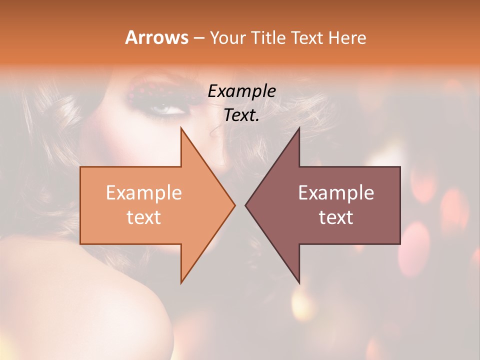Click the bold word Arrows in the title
(x=156, y=37)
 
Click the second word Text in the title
(x=307, y=37)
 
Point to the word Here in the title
(x=347, y=37)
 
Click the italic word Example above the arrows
(x=241, y=91)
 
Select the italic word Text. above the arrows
(x=241, y=115)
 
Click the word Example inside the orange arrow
(x=144, y=193)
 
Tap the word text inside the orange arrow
(x=144, y=217)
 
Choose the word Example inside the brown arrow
(x=336, y=193)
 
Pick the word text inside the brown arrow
(x=336, y=217)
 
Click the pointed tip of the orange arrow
(x=234, y=205)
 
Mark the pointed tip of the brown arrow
(x=246, y=205)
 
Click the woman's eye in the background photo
(x=163, y=108)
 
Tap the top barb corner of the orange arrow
(x=181, y=128)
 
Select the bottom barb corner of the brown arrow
(x=299, y=282)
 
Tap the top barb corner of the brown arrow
(x=299, y=128)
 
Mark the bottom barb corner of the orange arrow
(x=181, y=282)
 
